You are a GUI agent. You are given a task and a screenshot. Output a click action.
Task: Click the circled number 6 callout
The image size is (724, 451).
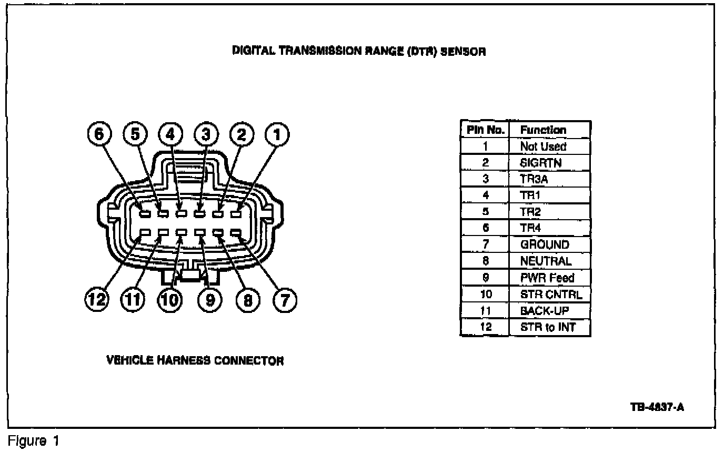(x=99, y=135)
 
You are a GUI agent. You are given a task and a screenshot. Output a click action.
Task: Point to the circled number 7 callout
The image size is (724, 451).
(x=285, y=300)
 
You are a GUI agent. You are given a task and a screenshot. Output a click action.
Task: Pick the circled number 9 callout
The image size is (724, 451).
(x=210, y=300)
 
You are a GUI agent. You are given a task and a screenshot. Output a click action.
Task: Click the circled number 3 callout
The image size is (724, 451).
(x=206, y=135)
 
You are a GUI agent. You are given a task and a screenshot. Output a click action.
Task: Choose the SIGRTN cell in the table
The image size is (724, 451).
(x=549, y=163)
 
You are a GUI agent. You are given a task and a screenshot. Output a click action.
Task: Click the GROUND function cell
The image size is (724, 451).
(x=549, y=244)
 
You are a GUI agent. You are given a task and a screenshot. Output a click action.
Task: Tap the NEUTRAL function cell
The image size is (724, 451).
(x=549, y=261)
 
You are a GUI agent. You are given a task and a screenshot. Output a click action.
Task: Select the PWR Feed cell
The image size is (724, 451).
(x=549, y=278)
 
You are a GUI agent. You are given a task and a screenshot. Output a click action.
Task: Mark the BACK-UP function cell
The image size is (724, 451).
(x=549, y=311)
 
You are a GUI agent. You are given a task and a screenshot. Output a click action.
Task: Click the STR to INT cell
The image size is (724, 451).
(x=549, y=327)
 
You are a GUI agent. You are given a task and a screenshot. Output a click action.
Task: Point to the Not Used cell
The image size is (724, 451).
(x=549, y=146)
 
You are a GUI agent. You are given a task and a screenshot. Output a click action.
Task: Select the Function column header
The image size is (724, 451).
(x=549, y=130)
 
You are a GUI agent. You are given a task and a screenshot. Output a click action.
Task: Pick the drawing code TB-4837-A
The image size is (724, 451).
(x=657, y=407)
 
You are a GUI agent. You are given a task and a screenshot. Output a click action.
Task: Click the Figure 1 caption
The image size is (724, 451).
(x=33, y=440)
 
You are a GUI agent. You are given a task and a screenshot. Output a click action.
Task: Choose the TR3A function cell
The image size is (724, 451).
(x=549, y=179)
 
